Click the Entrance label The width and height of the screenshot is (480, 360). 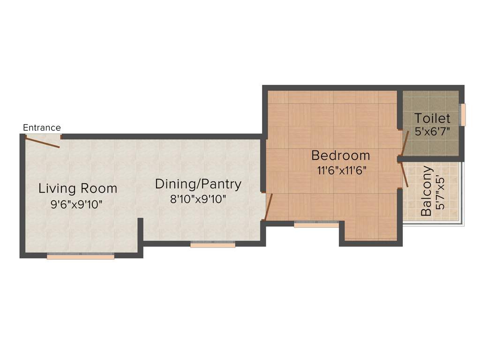click(42, 127)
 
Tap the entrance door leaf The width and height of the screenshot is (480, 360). click(42, 142)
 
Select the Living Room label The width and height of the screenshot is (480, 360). click(78, 188)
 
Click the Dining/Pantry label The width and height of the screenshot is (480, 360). click(198, 184)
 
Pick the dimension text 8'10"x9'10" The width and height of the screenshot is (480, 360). click(198, 199)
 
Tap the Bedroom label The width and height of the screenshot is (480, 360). click(341, 155)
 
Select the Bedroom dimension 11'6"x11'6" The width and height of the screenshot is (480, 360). click(341, 170)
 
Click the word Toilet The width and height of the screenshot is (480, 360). click(432, 118)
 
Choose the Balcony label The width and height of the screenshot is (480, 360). click(426, 191)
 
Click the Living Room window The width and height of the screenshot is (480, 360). click(81, 256)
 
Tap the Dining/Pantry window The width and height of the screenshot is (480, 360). click(213, 244)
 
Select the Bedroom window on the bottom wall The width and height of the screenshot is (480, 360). click(316, 224)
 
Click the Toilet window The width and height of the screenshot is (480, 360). click(463, 115)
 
